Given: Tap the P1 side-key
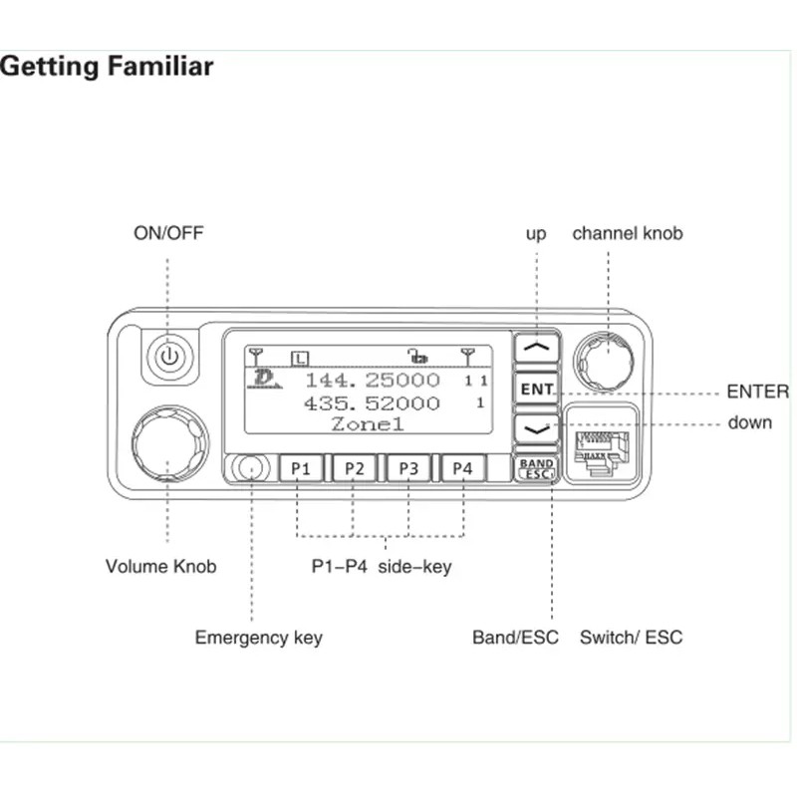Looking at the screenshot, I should [x=300, y=468].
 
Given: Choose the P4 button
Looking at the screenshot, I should [x=462, y=468].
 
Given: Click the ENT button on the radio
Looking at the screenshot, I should [x=537, y=389].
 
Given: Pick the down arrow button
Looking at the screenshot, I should [x=537, y=428].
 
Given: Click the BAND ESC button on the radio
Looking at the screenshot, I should [x=536, y=469].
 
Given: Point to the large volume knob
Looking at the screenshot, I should [x=168, y=442].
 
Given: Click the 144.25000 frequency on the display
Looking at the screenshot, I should [x=372, y=381].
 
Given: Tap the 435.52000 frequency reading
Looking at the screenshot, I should [x=372, y=403].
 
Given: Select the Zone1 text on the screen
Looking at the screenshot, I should [x=368, y=424].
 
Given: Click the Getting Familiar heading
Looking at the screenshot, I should [x=107, y=67].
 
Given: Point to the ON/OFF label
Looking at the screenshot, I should [x=168, y=234].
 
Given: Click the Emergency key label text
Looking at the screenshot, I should [x=258, y=638].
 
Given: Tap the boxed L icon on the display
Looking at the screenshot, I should [x=300, y=356].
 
